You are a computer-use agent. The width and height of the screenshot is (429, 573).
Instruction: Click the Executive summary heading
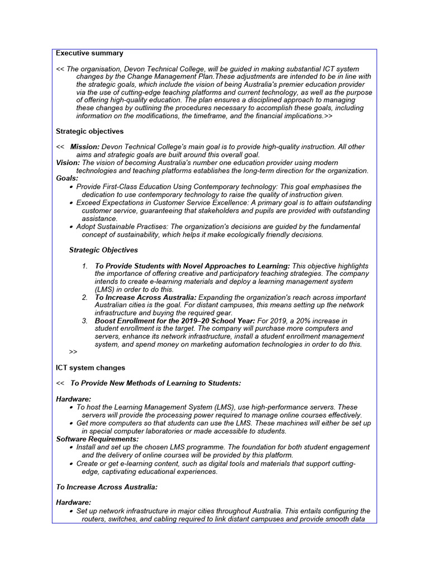click(89, 53)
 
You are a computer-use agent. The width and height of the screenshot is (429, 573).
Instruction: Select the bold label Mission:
click(85, 147)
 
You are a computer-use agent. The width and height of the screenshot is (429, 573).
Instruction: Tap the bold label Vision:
click(68, 162)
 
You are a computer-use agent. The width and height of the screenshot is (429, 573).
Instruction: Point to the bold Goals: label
click(67, 178)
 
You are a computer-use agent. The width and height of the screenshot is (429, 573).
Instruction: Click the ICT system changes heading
click(90, 368)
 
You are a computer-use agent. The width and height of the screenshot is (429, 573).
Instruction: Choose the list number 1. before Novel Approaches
click(85, 266)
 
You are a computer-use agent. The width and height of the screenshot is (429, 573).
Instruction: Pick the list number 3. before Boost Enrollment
click(85, 321)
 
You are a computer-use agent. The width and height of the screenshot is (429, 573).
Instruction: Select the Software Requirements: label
click(97, 439)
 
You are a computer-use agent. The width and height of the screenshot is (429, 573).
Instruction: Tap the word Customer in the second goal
click(180, 203)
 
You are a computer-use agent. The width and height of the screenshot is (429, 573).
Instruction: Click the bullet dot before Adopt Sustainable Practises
click(71, 227)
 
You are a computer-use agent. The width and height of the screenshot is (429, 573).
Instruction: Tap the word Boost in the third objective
click(106, 321)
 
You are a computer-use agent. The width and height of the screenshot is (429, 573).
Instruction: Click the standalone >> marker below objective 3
click(73, 351)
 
